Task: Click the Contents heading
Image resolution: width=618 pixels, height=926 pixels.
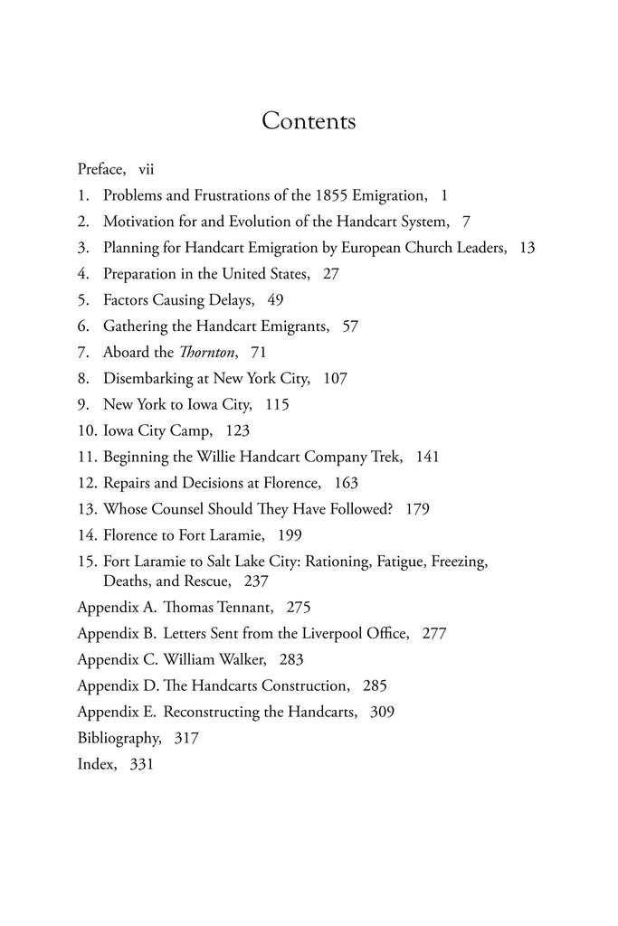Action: pos(309,121)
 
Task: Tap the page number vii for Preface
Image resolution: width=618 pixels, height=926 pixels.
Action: pos(147,168)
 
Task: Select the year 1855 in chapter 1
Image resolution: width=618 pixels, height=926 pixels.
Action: pos(336,194)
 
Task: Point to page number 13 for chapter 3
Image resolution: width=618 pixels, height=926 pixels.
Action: pos(528,247)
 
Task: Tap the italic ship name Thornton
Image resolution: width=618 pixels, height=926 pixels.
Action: pos(204,352)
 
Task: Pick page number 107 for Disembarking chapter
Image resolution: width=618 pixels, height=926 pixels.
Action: pos(335,378)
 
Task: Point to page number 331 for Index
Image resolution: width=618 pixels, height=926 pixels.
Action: pos(141,764)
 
